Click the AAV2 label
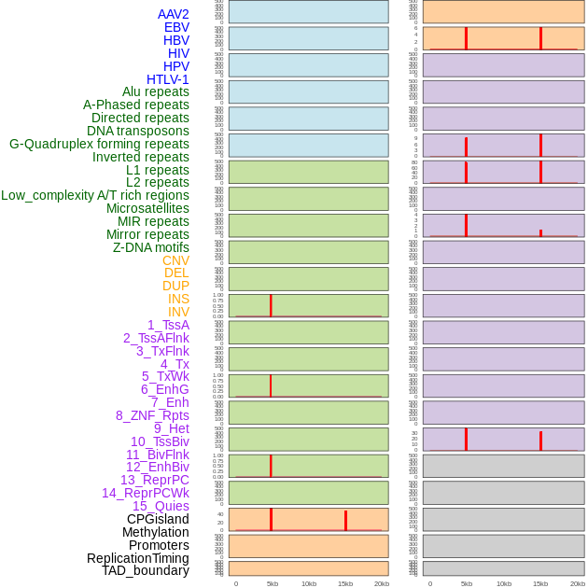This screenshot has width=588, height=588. [x=174, y=14]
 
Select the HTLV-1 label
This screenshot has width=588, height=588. [x=168, y=79]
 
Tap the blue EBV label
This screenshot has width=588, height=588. [x=176, y=27]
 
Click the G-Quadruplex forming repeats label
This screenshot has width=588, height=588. [x=99, y=144]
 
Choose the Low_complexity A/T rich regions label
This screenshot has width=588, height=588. [x=95, y=195]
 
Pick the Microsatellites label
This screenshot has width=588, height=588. [x=147, y=208]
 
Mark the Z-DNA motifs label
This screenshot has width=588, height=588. [x=151, y=247]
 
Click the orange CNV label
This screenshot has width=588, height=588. [x=175, y=260]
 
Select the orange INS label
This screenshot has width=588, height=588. [x=178, y=299]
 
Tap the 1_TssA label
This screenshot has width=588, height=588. [x=168, y=325]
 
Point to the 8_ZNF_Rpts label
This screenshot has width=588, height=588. [x=152, y=415]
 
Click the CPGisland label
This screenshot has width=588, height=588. [x=158, y=519]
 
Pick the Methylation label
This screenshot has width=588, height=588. [x=156, y=532]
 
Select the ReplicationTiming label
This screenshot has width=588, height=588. [x=138, y=558]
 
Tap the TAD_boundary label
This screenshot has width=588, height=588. [x=146, y=570]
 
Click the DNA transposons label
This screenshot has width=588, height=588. [x=138, y=131]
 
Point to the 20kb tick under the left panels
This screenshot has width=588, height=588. [x=382, y=583]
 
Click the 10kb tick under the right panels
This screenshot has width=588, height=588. [x=503, y=583]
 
